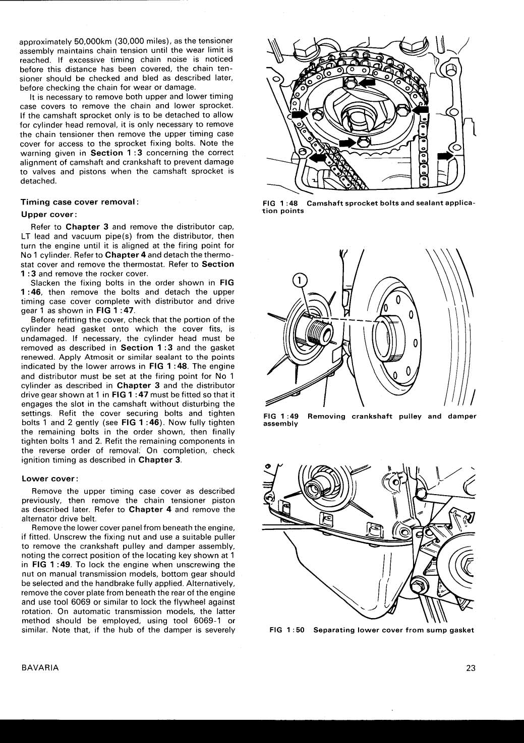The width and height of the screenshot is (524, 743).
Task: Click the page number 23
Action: coord(471,668)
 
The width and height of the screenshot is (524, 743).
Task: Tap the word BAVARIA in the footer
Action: coord(40,668)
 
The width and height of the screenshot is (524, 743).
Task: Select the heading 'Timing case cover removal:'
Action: coord(80,202)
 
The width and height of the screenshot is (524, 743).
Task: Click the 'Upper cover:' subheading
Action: coord(48,214)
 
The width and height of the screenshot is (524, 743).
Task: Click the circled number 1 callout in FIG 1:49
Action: coord(300,280)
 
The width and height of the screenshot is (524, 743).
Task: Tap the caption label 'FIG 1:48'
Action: coord(280,204)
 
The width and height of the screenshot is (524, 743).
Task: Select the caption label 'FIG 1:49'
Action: coord(281,417)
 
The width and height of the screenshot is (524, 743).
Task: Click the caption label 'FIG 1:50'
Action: coord(287,630)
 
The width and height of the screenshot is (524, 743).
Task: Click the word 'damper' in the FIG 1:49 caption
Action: coord(462,417)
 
